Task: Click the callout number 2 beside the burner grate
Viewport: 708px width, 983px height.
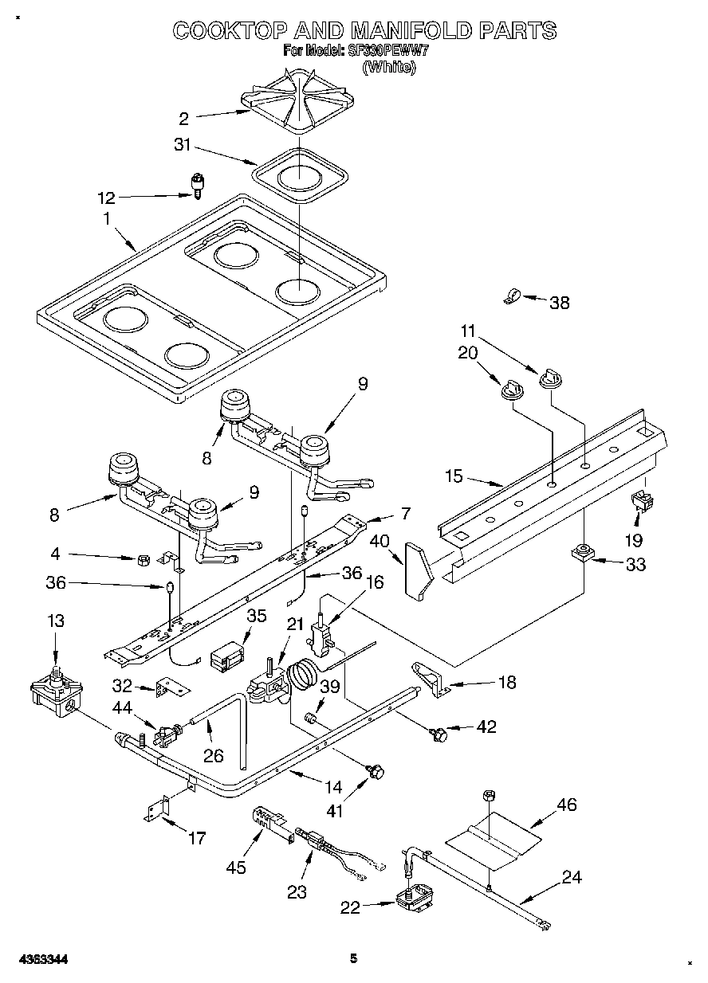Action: coord(184,119)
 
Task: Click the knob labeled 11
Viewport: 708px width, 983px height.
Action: coord(549,378)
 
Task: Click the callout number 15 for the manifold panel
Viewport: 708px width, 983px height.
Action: coord(454,476)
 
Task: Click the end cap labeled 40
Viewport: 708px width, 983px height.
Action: coord(418,569)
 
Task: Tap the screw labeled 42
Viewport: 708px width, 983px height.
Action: coord(437,734)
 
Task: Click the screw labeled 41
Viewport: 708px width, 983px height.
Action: coord(376,770)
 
